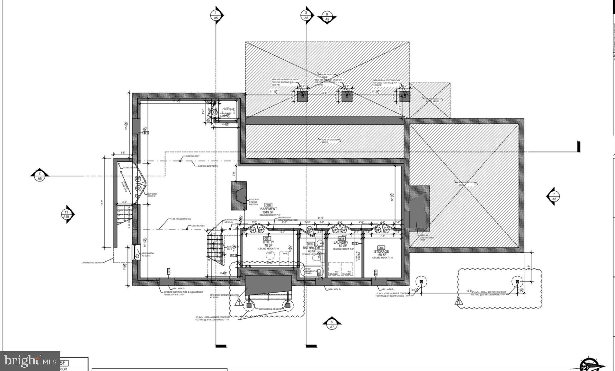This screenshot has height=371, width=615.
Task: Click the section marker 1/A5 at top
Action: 216,15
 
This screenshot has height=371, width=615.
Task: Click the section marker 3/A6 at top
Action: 306,15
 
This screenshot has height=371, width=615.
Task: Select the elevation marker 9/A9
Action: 327,17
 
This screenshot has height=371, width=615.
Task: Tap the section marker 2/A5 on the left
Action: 39,176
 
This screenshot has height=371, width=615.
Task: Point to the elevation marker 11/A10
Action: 66,214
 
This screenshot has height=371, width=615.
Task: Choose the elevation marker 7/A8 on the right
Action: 554,196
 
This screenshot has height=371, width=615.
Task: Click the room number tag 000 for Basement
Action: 268,205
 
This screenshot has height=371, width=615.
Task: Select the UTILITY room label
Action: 268,242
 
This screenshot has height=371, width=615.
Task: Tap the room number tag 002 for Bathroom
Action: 311,244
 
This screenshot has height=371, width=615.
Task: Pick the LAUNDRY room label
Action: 341,242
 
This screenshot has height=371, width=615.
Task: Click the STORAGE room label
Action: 381,251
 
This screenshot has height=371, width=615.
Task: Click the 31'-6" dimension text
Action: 321,218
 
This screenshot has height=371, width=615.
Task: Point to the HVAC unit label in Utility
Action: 285,254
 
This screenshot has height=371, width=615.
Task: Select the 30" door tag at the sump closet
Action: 214,112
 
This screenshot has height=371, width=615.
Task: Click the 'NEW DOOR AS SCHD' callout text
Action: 152,195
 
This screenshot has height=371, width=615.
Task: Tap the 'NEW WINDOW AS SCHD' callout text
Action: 147,254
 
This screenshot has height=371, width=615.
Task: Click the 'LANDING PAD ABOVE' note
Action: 91,263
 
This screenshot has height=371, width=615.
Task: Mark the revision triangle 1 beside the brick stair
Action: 239,302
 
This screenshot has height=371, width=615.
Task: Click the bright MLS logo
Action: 30,361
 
